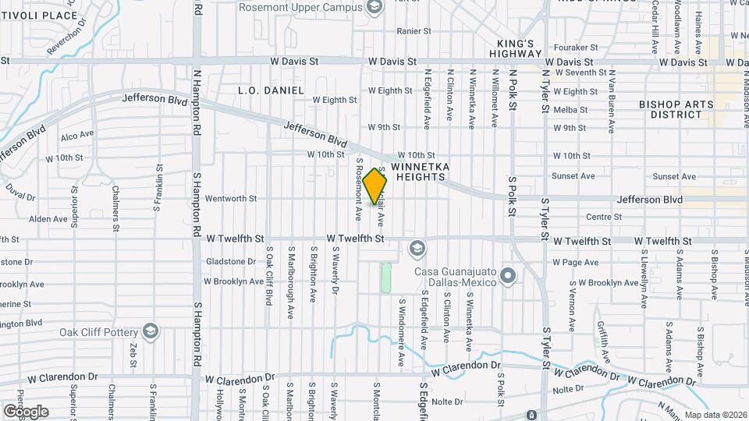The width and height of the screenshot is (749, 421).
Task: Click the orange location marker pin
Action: pos(375,186)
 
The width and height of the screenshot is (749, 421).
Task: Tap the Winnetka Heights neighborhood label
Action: pos(418,172)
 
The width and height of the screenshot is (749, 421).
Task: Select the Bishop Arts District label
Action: pos(670,109)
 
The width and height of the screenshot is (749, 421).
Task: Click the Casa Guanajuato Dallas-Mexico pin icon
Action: pos(508,276)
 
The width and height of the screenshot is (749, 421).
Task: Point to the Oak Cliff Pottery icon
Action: pos(151,332)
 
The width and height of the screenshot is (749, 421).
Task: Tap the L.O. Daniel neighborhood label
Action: pos(271,90)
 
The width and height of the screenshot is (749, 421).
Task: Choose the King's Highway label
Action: pos(516,48)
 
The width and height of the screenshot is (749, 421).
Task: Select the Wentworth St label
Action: pos(230,199)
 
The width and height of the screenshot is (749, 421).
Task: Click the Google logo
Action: pos(25,411)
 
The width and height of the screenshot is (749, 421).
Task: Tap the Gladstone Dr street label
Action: pos(230,262)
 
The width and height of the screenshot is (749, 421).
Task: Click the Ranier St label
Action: pos(414,31)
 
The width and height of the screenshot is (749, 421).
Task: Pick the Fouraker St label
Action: pos(575,48)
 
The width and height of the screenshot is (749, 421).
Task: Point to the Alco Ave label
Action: pos(76,135)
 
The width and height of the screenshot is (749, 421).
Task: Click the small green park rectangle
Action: pos(385,278)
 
